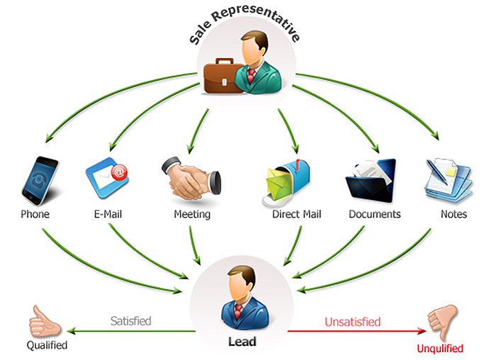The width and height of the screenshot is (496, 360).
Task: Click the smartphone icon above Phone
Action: [x=40, y=181]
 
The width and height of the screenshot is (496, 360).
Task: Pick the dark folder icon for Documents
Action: [x=371, y=180]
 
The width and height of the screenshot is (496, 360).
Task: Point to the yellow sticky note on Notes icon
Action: [x=451, y=171]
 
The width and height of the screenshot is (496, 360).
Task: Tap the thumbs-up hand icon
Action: [x=44, y=322]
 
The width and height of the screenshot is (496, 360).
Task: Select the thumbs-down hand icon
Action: [x=443, y=321]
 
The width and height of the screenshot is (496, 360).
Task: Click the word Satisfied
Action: [x=130, y=321]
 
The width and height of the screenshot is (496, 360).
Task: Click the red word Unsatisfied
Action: [x=352, y=322]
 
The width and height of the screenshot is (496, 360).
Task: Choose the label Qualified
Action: [x=47, y=345]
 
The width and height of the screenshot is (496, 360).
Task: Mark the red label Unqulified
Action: [x=440, y=348]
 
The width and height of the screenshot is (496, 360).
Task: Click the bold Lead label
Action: [x=242, y=342]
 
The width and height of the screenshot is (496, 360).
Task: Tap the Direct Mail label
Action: [x=296, y=214]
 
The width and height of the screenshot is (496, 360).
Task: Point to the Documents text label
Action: [x=375, y=214]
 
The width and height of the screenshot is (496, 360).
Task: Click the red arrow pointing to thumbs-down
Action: [x=357, y=331]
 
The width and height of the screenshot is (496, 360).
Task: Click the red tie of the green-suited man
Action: [x=251, y=76]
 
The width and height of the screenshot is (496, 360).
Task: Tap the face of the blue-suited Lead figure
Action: [x=238, y=286]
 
